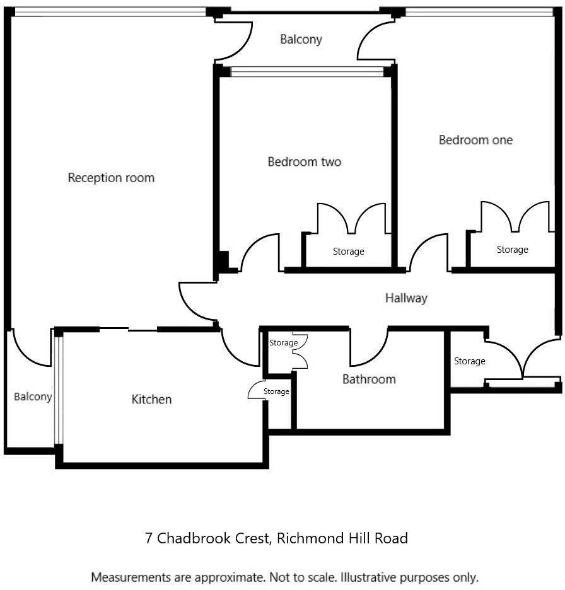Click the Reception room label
(111, 178)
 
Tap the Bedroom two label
(304, 162)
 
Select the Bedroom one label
(475, 140)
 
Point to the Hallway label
(406, 298)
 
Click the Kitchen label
(151, 399)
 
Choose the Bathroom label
(369, 379)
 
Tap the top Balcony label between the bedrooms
(301, 39)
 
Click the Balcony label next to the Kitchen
(33, 396)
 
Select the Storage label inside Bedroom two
(348, 252)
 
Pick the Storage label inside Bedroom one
(512, 250)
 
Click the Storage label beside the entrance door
(469, 361)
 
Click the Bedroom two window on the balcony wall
(308, 71)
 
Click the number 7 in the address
(149, 538)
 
